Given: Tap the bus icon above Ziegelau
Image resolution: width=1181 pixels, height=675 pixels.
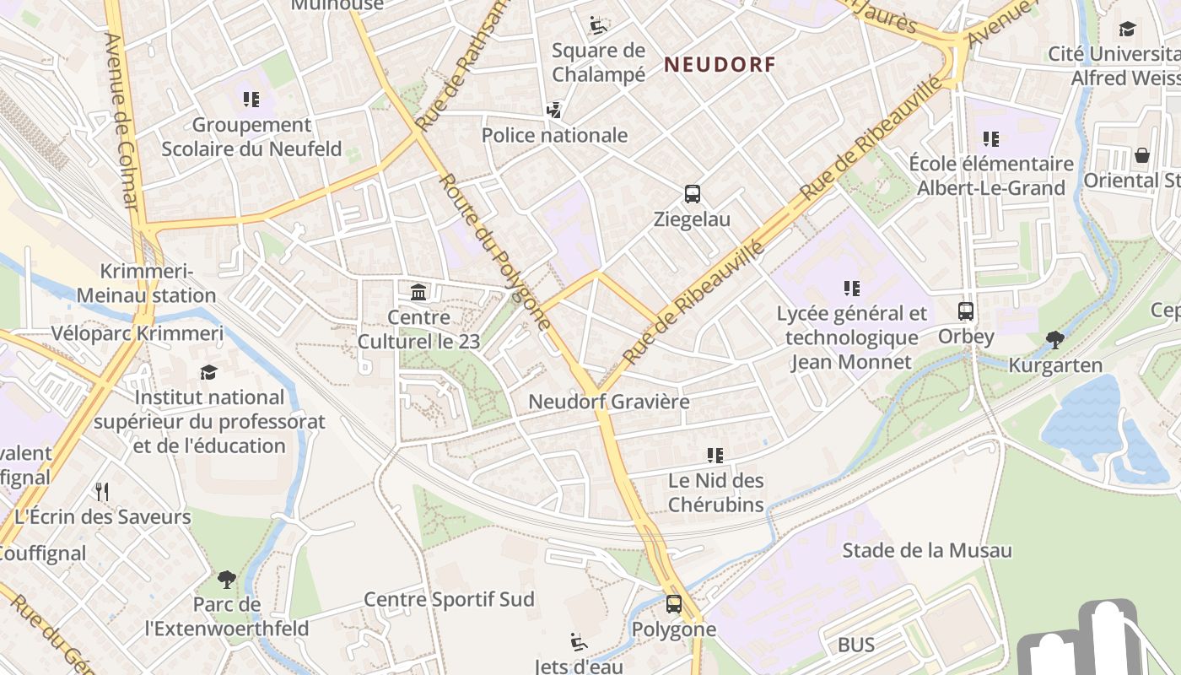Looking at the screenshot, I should click(x=692, y=194).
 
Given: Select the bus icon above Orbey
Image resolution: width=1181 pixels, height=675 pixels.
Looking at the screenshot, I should click(x=966, y=310).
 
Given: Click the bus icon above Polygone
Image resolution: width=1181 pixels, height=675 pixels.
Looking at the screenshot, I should click(x=673, y=604).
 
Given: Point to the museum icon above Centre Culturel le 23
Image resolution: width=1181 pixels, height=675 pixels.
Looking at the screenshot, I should click(x=418, y=293).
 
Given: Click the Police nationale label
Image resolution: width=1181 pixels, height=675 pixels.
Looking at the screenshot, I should click(x=554, y=135).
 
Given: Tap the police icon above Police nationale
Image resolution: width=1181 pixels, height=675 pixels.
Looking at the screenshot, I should click(x=554, y=110).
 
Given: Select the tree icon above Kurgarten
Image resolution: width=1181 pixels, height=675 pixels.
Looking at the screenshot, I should click(x=1054, y=340).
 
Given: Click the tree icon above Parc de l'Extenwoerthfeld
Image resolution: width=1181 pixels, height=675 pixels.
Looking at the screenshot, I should click(x=226, y=580).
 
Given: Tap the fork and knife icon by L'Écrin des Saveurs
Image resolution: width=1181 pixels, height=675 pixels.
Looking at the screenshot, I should click(x=102, y=491).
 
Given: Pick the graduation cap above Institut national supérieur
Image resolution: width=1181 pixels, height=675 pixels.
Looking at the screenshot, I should click(x=208, y=372).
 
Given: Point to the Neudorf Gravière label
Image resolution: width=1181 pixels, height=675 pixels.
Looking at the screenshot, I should click(x=608, y=402).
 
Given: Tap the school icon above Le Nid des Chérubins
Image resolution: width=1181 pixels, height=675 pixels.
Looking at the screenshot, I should click(x=715, y=456).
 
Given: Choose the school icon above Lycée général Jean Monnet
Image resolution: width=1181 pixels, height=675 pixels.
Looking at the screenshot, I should click(x=852, y=289).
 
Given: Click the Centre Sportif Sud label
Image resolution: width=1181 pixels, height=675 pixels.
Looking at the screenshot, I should click(x=449, y=599).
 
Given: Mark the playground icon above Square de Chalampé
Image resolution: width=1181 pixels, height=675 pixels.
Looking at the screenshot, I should click(x=598, y=25).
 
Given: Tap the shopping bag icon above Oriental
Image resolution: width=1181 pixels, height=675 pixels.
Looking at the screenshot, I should click(x=1141, y=155).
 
